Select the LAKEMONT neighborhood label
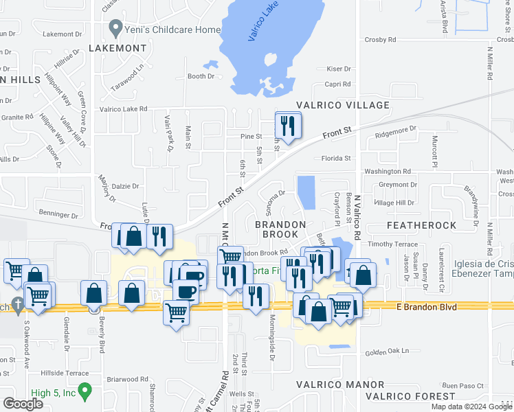pyautogui.click(x=118, y=48)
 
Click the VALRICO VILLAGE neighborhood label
pyautogui.click(x=343, y=105)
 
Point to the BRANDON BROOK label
pyautogui.click(x=280, y=229)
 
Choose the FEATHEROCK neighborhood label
pyautogui.click(x=421, y=225)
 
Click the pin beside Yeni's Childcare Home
pyautogui.click(x=115, y=29)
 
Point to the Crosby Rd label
pyautogui.click(x=381, y=40)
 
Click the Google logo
pyautogui.click(x=23, y=404)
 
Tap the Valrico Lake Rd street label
pyautogui.click(x=124, y=108)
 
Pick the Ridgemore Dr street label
pyautogui.click(x=396, y=129)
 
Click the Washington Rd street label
pyautogui.click(x=388, y=171)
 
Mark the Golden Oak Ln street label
pyautogui.click(x=378, y=352)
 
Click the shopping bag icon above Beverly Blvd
pyautogui.click(x=94, y=293)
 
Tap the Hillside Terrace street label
pyautogui.click(x=65, y=373)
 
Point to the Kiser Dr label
pyautogui.click(x=339, y=69)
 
